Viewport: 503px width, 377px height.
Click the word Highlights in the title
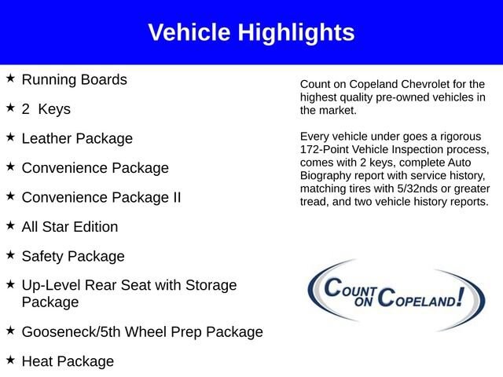296,33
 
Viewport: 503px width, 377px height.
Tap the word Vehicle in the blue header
189,32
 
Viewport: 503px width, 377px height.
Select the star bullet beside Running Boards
10,78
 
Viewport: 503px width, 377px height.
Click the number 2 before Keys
26,109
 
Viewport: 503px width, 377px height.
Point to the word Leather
46,138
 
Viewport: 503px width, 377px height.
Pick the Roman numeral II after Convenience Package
177,197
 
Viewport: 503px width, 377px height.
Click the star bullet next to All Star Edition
10,225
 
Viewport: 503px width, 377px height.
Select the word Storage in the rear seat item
211,285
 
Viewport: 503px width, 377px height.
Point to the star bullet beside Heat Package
10,360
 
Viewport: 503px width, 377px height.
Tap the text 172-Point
324,149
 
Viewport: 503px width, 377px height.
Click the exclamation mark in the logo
461,297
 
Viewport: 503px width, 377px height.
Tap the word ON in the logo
363,302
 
